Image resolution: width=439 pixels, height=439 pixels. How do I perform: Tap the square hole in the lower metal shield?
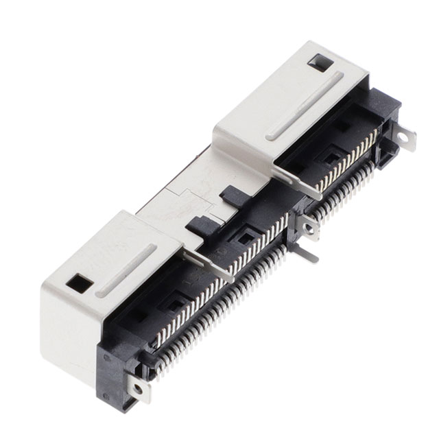point(82,282)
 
